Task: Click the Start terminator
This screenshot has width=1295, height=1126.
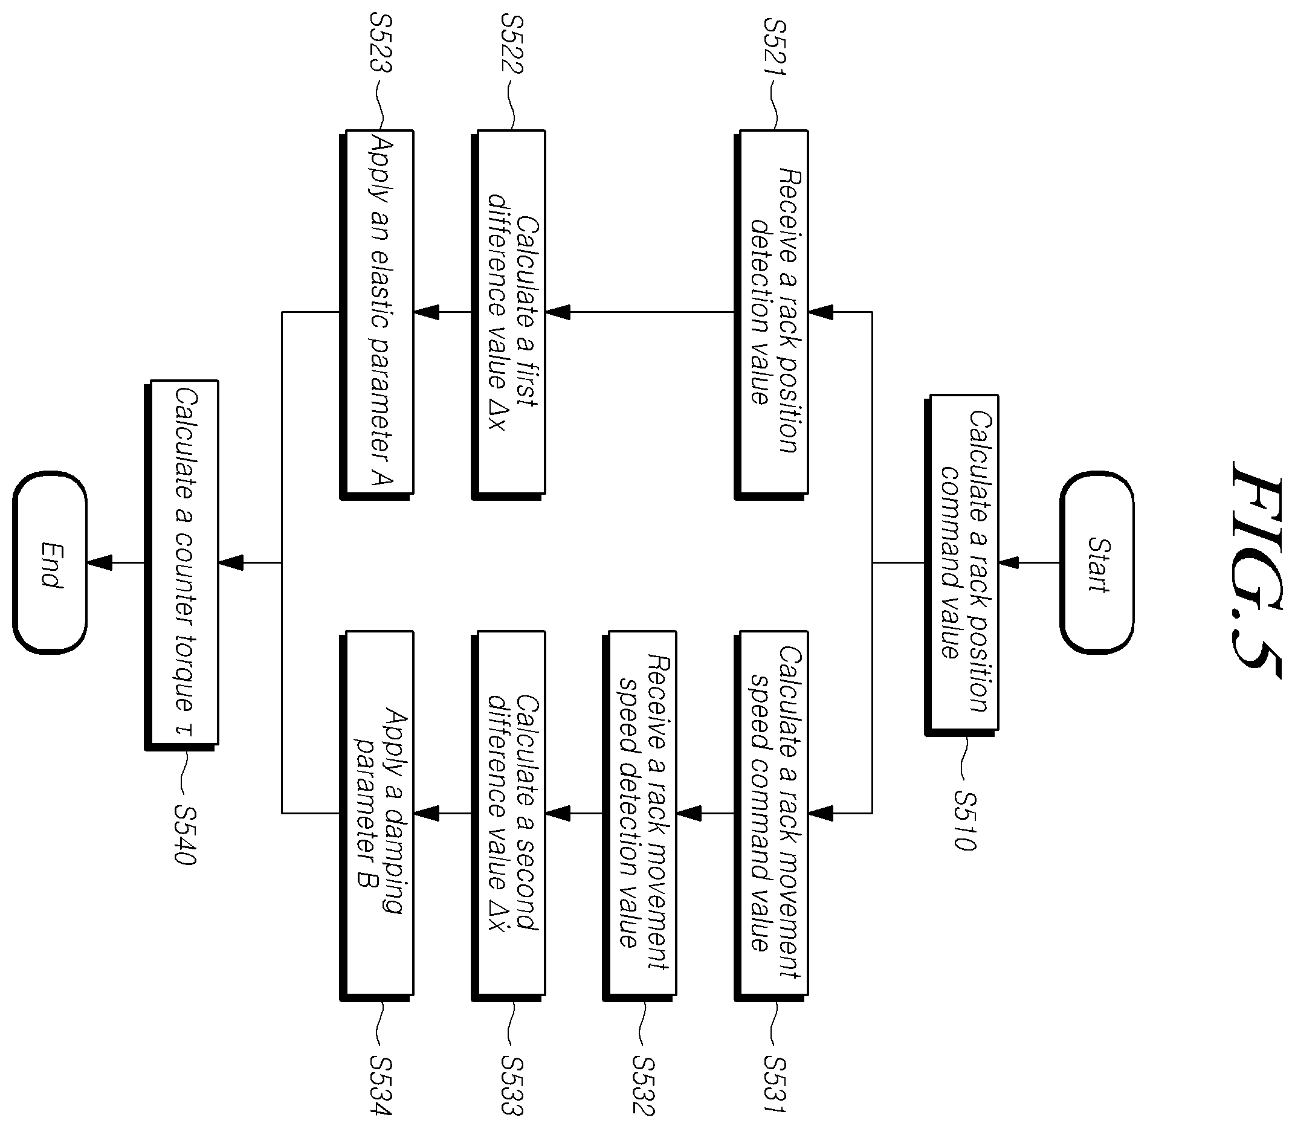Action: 1097,563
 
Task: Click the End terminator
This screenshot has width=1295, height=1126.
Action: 50,563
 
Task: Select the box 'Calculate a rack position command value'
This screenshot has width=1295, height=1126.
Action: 961,565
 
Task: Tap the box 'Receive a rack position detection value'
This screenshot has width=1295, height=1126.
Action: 770,314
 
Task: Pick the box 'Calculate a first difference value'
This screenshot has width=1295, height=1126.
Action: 508,314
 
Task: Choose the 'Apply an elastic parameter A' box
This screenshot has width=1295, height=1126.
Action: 376,314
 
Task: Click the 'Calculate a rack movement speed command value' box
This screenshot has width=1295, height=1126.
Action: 770,816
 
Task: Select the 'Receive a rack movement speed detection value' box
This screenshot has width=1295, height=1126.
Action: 639,816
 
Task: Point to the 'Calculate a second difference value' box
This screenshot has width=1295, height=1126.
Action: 508,816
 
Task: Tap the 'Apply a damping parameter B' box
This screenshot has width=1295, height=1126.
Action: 376,816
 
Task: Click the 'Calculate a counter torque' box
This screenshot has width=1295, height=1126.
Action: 181,565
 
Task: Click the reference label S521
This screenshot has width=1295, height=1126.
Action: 775,47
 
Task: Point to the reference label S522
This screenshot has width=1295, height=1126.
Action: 512,44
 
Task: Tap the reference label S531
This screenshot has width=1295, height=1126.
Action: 775,1084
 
